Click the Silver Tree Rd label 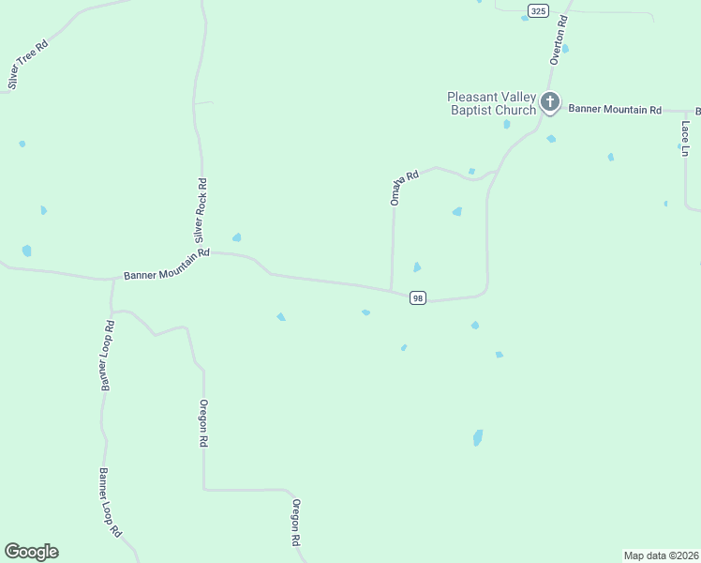pos(27,64)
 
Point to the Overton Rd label pos(559,40)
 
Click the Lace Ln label pos(686,138)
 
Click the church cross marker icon pos(550,101)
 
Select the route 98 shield pos(418,298)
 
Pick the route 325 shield pos(537,10)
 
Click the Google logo pos(31,552)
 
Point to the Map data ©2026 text pos(661,555)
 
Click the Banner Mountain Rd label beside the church pos(613,109)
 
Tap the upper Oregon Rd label pos(202,422)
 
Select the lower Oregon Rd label pos(294,522)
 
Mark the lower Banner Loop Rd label pos(111,502)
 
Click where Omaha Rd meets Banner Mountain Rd pos(391,290)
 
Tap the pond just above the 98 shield pos(417,267)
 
